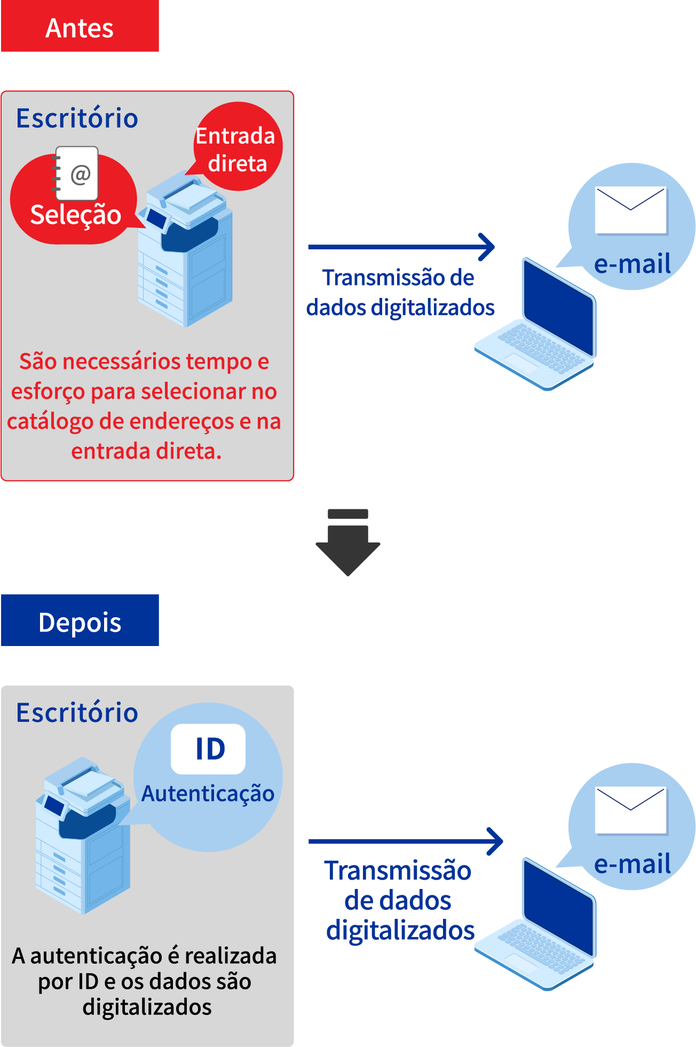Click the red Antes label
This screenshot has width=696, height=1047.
(x=80, y=27)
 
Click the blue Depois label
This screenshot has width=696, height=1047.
(x=80, y=621)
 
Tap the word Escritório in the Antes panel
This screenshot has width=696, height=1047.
(x=77, y=119)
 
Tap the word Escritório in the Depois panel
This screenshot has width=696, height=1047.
(x=77, y=713)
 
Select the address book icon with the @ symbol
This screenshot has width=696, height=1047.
(x=77, y=172)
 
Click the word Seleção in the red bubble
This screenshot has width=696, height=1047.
(x=75, y=215)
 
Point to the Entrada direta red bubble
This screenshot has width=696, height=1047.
(x=236, y=148)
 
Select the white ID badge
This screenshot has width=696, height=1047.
(x=208, y=749)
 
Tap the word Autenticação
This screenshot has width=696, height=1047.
(x=208, y=794)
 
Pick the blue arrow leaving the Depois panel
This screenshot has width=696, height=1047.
(x=406, y=841)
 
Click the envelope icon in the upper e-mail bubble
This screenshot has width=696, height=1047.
(x=631, y=210)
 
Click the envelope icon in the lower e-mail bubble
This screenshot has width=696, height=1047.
(x=631, y=810)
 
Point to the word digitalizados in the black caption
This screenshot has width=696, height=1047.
(x=147, y=1007)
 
